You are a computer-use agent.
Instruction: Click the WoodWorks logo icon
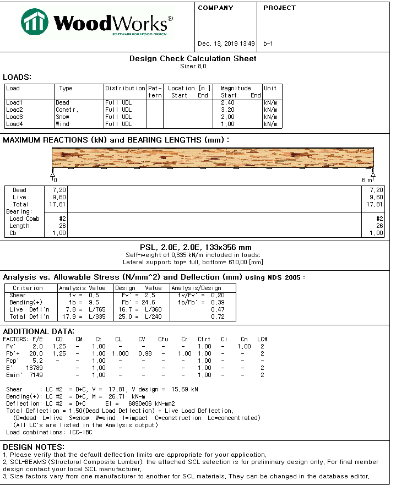point(35,22)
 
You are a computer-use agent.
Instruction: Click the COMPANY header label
point(215,8)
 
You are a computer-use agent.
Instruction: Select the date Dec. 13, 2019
point(218,43)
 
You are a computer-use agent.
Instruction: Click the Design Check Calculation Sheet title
point(193,58)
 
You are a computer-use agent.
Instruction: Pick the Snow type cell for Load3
point(62,117)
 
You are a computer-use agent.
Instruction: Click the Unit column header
point(270,88)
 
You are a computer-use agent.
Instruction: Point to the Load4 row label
point(14,124)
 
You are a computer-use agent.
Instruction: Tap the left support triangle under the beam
point(53,173)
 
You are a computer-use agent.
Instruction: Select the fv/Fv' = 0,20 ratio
point(202,295)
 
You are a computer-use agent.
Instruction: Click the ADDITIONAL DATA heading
point(39,331)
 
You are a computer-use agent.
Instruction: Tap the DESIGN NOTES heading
point(34,446)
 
